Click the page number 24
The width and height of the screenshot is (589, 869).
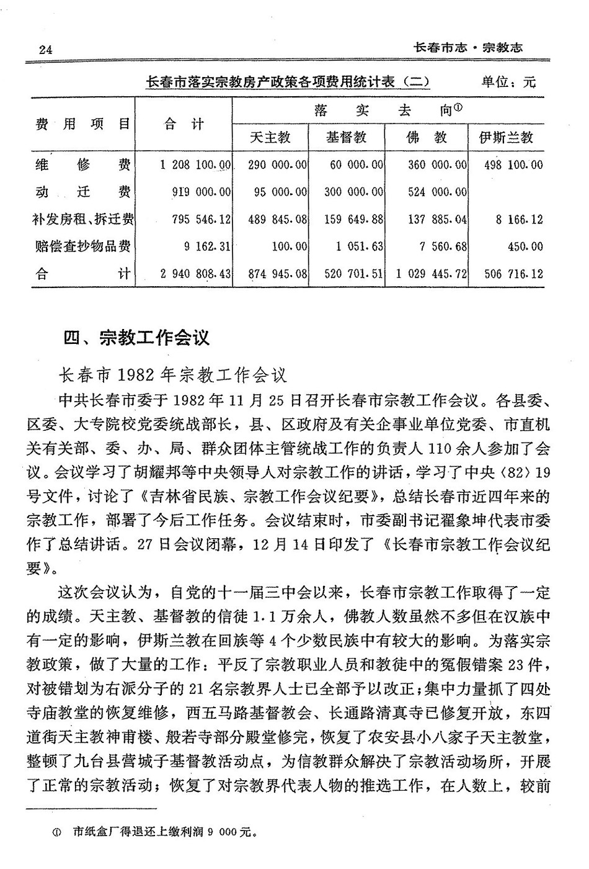(45, 50)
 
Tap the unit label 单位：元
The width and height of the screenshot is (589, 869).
(508, 82)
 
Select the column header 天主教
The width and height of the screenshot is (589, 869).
(270, 137)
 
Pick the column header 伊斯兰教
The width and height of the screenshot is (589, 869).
(505, 137)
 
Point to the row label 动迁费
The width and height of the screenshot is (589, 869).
(82, 192)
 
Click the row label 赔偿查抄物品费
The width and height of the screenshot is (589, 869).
(82, 246)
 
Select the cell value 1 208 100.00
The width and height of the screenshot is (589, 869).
(195, 164)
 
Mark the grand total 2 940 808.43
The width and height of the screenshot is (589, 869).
(195, 273)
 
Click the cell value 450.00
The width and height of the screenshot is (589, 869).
(525, 246)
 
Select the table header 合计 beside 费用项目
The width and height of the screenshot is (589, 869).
(184, 124)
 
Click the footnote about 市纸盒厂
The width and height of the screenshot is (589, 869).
(164, 832)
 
